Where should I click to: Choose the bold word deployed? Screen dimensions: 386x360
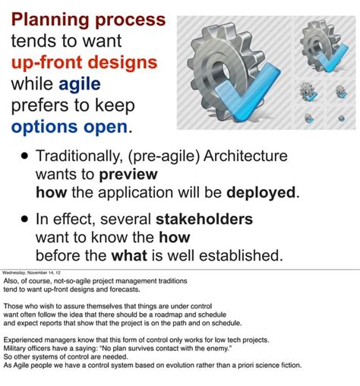point(261,191)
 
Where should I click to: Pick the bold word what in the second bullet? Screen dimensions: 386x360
point(131,255)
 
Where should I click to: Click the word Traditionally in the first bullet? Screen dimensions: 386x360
point(80,157)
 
